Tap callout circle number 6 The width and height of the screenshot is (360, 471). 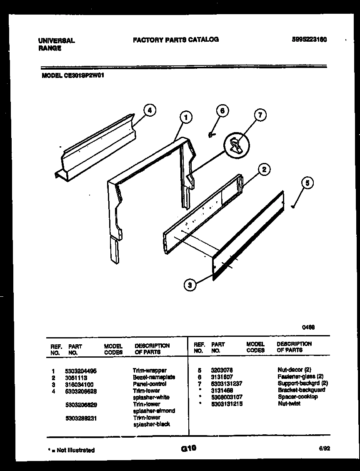click(x=222, y=111)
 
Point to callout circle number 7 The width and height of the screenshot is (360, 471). click(x=260, y=115)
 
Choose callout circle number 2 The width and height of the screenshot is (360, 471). click(x=263, y=169)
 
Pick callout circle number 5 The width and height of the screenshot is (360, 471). click(x=307, y=183)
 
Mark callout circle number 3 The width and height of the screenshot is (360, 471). click(x=190, y=286)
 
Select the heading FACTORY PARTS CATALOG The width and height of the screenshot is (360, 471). click(x=176, y=40)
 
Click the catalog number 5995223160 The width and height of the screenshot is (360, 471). click(x=309, y=40)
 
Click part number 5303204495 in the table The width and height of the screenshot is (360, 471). click(x=80, y=370)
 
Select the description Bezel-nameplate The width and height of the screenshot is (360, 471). click(x=154, y=377)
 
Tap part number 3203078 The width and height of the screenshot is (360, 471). click(x=222, y=370)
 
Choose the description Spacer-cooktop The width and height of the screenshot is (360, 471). click(x=297, y=397)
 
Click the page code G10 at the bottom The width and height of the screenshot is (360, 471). click(x=188, y=449)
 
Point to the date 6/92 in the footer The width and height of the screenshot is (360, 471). click(x=325, y=449)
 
